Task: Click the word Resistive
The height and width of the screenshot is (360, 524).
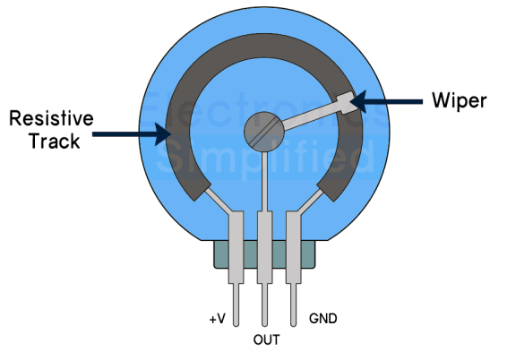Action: [50, 118]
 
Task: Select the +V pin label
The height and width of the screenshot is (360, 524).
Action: [218, 318]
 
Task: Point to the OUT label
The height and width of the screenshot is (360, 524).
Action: [266, 340]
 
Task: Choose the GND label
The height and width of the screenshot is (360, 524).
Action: [322, 318]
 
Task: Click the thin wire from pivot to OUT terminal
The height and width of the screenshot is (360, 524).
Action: [264, 183]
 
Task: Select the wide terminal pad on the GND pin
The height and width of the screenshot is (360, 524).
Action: [294, 242]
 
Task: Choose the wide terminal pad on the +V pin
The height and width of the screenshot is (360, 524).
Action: [236, 242]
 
